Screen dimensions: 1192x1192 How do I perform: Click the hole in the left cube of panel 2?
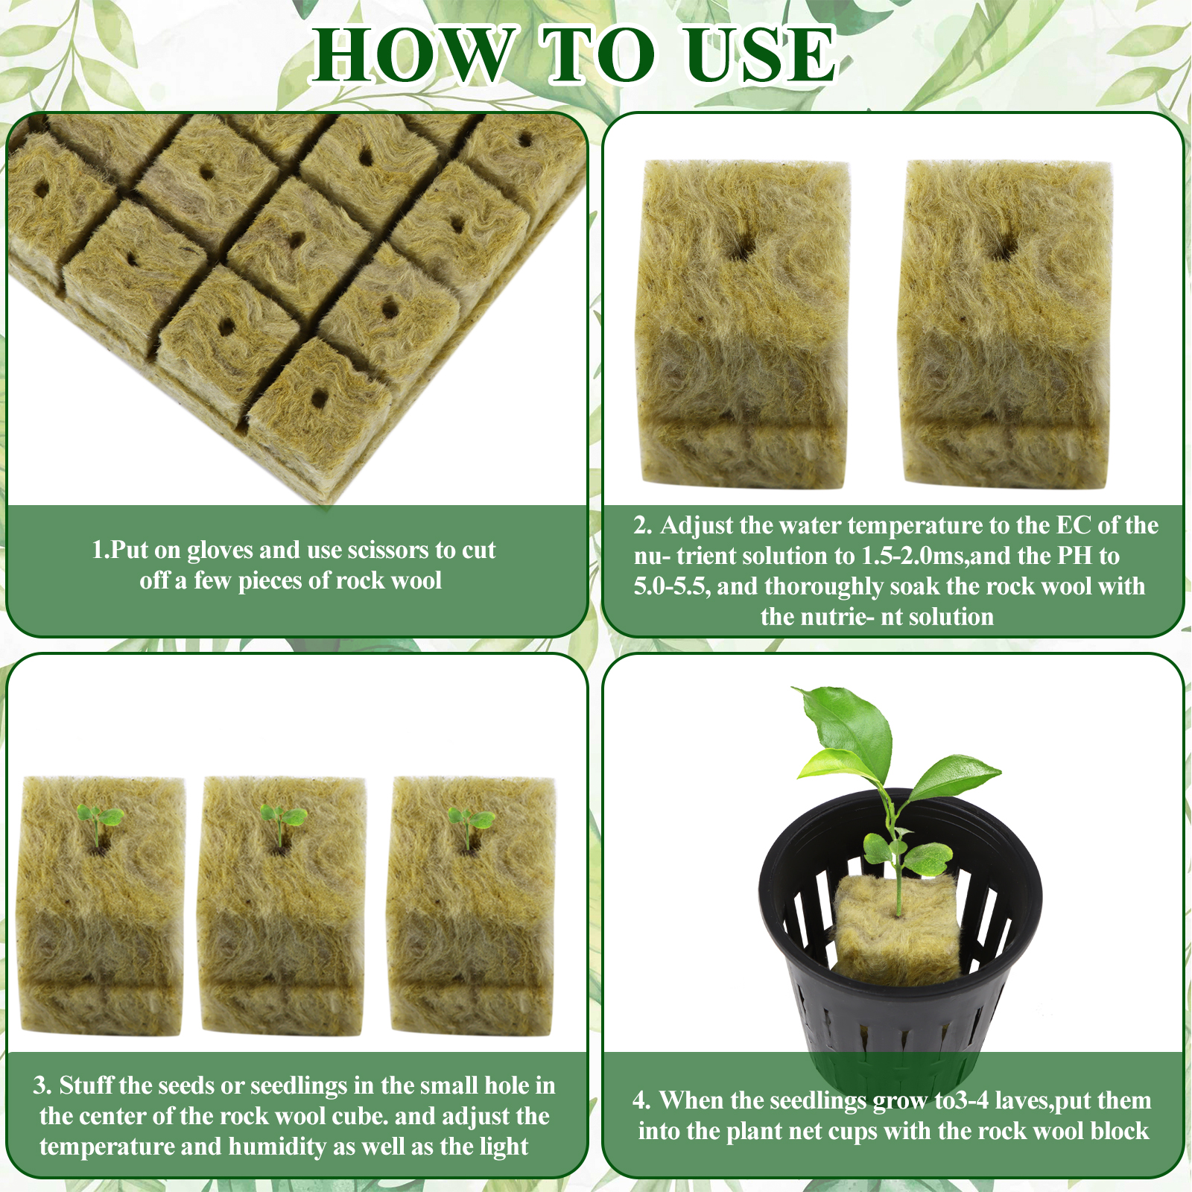click(x=741, y=247)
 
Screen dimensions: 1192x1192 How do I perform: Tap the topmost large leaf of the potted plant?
click(x=849, y=726)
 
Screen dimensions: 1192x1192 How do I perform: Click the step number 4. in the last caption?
click(x=641, y=1100)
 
